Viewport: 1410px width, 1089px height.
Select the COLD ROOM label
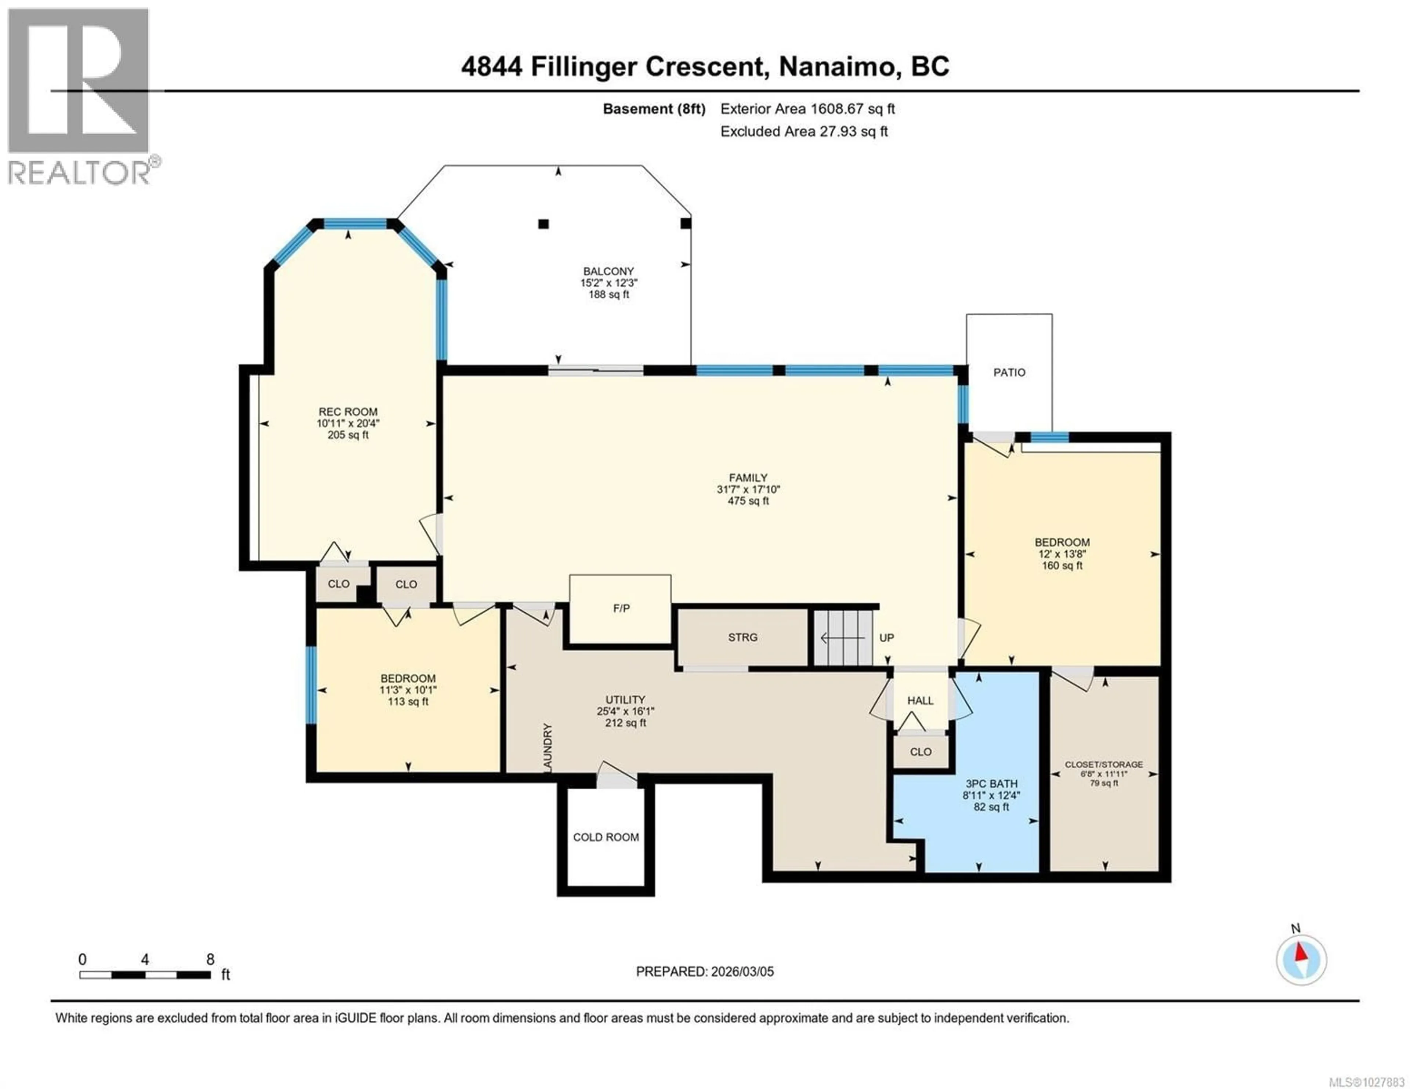[x=605, y=837]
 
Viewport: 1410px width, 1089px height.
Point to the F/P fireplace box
[x=621, y=609]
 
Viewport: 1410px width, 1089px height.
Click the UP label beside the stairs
[x=886, y=638]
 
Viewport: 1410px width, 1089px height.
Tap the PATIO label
[x=1009, y=373]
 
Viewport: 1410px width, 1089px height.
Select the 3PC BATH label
[x=991, y=784]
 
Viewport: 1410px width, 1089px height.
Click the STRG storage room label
[x=742, y=637]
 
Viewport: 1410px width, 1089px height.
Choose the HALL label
[x=920, y=700]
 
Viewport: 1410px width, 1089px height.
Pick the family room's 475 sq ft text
[x=748, y=501]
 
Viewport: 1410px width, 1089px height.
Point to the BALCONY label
[x=608, y=272]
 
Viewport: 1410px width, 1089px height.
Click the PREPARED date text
[x=704, y=972]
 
